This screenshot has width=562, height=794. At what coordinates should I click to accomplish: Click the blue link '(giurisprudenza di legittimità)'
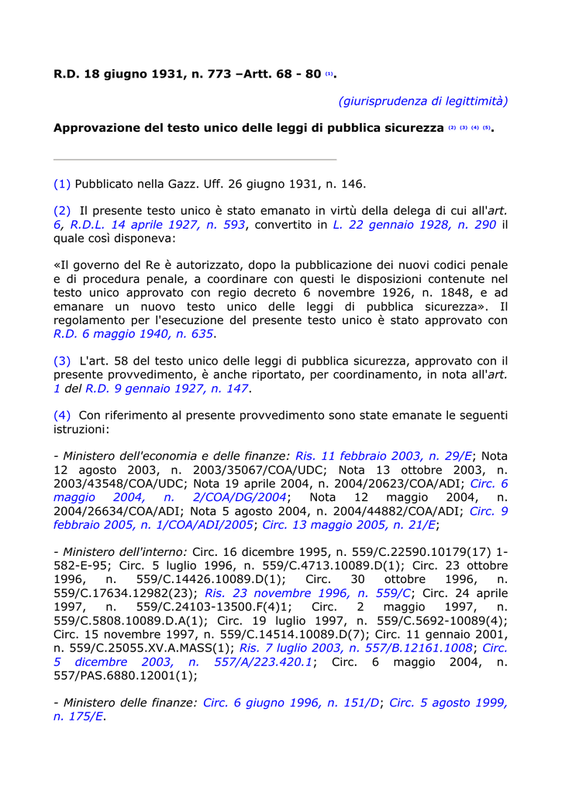422,101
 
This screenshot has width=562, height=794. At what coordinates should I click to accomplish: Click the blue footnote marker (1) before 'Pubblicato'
62,184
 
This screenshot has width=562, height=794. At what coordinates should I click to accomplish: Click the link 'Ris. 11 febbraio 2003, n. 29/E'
384,456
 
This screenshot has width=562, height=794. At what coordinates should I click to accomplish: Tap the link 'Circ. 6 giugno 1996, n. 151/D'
291,703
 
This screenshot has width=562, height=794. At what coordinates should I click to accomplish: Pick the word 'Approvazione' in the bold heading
98,128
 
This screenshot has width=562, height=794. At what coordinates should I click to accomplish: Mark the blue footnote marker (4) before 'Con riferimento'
62,416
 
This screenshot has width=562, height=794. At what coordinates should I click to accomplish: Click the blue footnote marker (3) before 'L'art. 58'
62,361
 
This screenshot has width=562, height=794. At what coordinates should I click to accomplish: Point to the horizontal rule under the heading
195,160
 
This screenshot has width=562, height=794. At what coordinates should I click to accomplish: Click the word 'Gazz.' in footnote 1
187,184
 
